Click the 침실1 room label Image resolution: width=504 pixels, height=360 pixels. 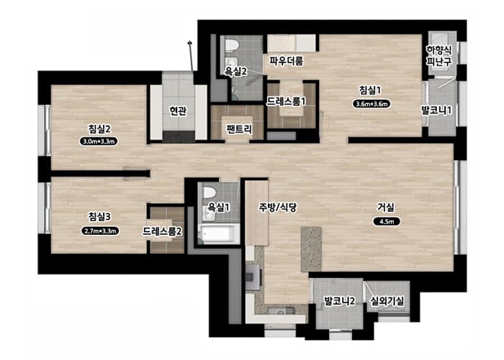[x=369, y=90]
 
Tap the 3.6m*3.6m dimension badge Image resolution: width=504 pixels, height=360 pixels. [x=372, y=104]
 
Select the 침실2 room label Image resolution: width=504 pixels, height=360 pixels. [x=99, y=129]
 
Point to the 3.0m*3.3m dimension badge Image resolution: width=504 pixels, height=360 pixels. [x=99, y=141]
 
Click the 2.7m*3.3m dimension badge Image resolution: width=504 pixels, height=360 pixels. [x=100, y=230]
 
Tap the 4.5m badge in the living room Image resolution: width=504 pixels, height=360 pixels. [x=387, y=222]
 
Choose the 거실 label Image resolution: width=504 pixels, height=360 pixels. [x=386, y=207]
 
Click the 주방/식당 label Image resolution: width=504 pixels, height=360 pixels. [x=278, y=207]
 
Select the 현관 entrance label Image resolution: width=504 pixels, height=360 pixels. [x=178, y=111]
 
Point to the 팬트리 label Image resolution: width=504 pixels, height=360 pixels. [x=239, y=129]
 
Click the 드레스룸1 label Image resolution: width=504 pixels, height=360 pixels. [x=286, y=102]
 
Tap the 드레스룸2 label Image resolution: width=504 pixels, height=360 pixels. [x=162, y=231]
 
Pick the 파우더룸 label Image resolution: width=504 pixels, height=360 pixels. [x=286, y=60]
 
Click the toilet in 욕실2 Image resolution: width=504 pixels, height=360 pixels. [x=231, y=45]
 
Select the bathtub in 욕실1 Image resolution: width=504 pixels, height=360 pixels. [x=219, y=234]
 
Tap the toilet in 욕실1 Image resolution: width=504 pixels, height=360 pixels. [x=210, y=192]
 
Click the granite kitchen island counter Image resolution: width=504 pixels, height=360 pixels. [x=311, y=249]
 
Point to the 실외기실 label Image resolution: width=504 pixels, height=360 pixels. [x=387, y=301]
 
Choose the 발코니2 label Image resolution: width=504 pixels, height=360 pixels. [x=339, y=301]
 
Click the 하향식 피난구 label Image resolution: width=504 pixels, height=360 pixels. [x=439, y=55]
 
